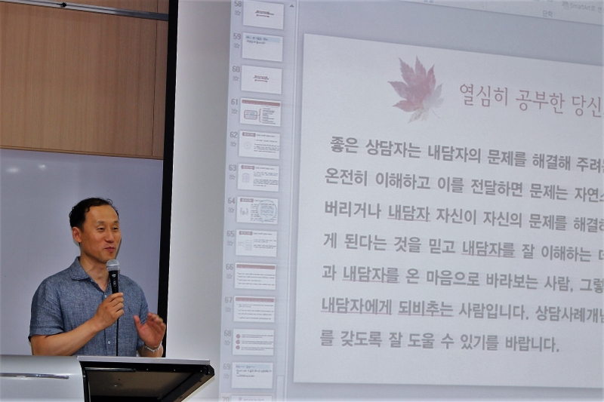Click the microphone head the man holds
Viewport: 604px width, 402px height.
113,268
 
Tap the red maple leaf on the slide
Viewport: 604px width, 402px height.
415,89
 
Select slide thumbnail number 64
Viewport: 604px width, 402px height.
257,210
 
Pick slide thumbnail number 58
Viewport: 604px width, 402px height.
263,14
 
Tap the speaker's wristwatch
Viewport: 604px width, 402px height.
154,348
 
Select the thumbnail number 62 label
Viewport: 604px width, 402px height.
234,134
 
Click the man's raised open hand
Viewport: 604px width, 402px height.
150,329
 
